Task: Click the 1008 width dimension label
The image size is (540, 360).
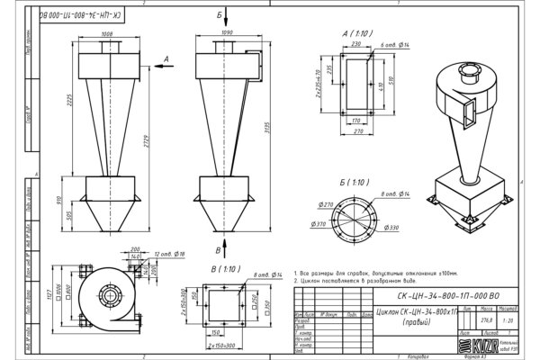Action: point(109,34)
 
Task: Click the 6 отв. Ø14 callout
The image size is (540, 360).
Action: point(394,44)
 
